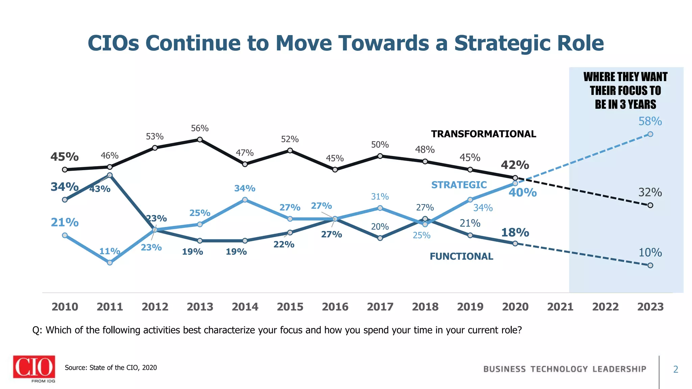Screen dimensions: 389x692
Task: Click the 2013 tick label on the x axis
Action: (200, 307)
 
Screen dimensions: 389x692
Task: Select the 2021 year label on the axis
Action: (560, 307)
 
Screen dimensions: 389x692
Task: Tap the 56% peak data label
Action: (200, 128)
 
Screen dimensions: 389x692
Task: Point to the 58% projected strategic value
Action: (650, 121)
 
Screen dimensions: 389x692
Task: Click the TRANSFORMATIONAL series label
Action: (484, 134)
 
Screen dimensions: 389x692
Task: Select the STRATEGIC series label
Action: (459, 185)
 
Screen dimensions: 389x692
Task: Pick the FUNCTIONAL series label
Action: (461, 257)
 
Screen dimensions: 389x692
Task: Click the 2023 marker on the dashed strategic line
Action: (650, 134)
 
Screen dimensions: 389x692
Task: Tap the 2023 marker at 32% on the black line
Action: (650, 205)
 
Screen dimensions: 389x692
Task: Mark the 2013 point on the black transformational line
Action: (200, 139)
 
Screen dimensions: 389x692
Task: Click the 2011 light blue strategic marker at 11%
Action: (110, 263)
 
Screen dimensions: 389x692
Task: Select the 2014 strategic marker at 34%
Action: (245, 200)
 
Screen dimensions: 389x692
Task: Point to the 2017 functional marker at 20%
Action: (380, 238)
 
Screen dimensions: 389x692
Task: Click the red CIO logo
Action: (34, 367)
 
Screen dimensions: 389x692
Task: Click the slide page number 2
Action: (675, 369)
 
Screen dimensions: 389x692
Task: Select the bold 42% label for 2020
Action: (515, 165)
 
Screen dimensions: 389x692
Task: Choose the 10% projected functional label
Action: (650, 253)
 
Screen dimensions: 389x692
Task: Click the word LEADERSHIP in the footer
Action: (619, 369)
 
